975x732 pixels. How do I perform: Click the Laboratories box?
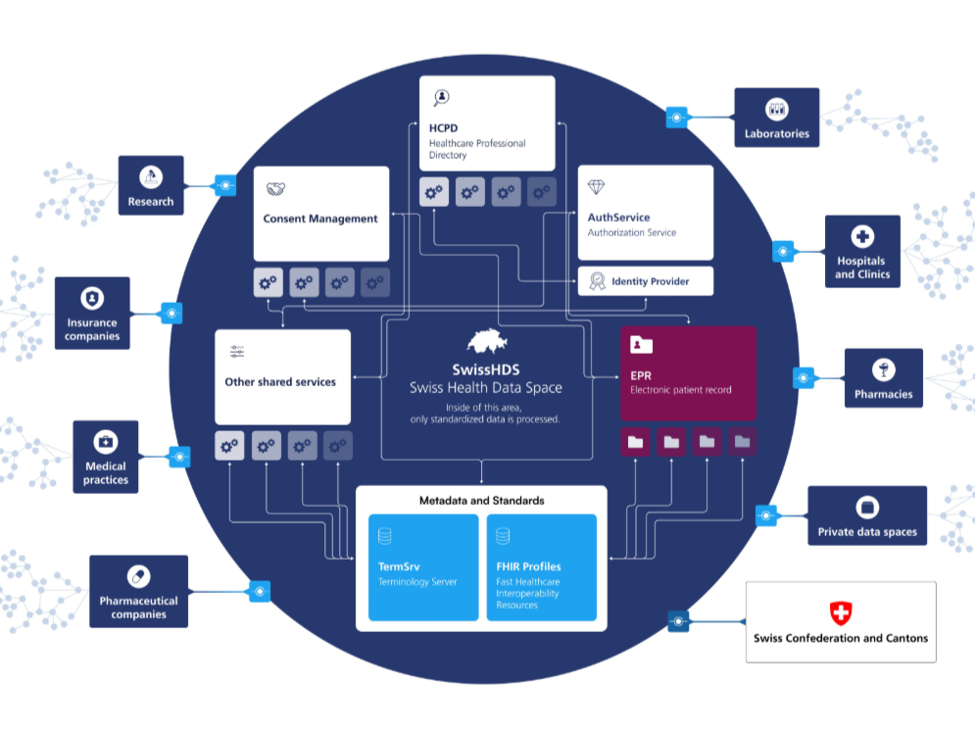coord(777,119)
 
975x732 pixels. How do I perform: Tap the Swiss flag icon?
coord(841,613)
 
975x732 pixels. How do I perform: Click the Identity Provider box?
coord(646,281)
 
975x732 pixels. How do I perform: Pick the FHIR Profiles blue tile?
coord(542,567)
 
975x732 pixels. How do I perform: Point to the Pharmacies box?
coord(883,378)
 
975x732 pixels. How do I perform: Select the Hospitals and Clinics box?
coord(862,251)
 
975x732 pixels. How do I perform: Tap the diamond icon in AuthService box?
coord(597,186)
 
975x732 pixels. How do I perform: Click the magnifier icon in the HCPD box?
coord(442,97)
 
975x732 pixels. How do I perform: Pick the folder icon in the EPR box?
coord(642,345)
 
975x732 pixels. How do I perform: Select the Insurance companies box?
coord(93,313)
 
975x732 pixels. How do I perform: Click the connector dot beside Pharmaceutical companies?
coord(260,591)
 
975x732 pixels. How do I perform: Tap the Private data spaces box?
coord(867,516)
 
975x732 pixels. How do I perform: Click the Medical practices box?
coord(106,457)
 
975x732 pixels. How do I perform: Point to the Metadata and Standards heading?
coord(481,501)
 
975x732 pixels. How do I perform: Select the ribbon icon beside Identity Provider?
coord(597,281)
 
